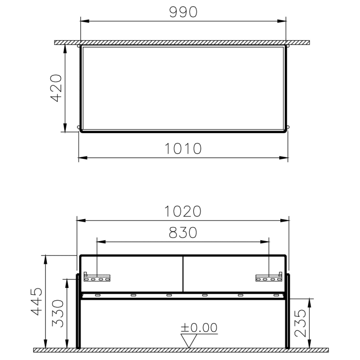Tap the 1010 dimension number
[x=183, y=149]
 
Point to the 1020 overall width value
[x=183, y=211]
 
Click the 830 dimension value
[x=183, y=232]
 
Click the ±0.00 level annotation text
[x=199, y=328]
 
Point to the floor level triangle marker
[x=190, y=341]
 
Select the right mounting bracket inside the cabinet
[x=269, y=278]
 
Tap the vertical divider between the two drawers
[x=183, y=274]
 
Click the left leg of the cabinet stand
[x=78, y=314]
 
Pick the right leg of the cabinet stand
[x=289, y=314]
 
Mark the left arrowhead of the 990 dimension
[x=84, y=21]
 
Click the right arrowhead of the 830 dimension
[x=266, y=241]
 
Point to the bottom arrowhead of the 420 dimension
[x=65, y=129]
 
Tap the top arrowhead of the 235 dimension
[x=308, y=301]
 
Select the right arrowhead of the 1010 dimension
[x=284, y=157]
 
